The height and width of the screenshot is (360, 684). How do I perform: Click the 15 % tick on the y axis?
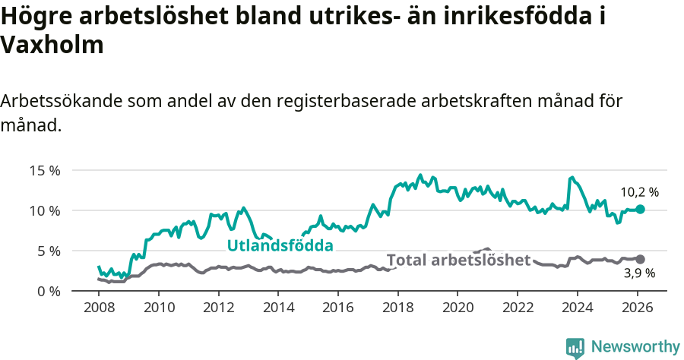[x=45, y=170]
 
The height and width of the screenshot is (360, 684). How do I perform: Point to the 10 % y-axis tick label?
[x=45, y=210]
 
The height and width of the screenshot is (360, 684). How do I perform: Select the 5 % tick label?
[x=48, y=251]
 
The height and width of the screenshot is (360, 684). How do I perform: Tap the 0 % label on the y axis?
[x=48, y=291]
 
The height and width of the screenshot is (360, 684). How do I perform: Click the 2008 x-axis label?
[x=99, y=308]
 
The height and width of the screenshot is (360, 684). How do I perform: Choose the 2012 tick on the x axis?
[x=218, y=308]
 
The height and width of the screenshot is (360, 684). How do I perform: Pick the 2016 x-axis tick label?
[x=338, y=308]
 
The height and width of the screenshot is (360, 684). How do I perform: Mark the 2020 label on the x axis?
[x=458, y=308]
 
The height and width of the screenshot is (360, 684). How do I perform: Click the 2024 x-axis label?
[x=577, y=308]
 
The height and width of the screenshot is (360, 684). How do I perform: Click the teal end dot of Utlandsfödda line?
[x=641, y=209]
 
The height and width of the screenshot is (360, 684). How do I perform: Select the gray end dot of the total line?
[x=641, y=259]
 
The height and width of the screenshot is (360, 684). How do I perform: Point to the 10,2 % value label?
[x=639, y=192]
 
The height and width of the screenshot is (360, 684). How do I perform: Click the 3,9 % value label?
[x=639, y=273]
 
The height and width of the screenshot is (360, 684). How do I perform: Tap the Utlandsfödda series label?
[x=280, y=245]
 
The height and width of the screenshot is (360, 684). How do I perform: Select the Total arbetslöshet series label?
[x=458, y=260]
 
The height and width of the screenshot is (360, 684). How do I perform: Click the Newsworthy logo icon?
[x=575, y=347]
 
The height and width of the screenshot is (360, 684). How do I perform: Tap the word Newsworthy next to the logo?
[x=635, y=347]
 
